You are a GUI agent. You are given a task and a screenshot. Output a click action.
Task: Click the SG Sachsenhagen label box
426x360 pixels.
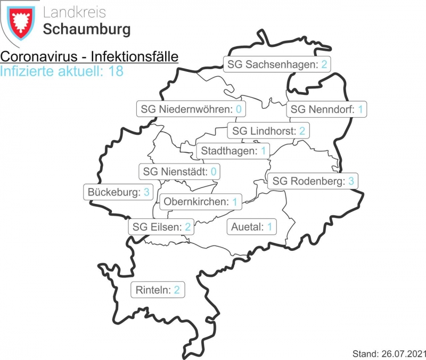[x=276, y=65]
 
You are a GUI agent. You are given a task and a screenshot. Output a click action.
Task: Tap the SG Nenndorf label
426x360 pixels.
[x=326, y=110]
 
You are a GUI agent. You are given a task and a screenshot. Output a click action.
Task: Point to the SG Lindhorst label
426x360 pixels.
[x=268, y=130]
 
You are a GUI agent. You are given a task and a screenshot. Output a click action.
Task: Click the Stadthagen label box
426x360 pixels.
[x=233, y=151]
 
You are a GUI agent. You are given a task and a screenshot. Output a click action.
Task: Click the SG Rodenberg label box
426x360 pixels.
[x=313, y=181]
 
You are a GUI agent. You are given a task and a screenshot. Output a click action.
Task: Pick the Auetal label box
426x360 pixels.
[x=252, y=227]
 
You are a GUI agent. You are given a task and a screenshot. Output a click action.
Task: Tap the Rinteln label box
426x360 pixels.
[x=158, y=290]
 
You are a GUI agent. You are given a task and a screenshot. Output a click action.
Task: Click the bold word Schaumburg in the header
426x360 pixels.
[x=86, y=29]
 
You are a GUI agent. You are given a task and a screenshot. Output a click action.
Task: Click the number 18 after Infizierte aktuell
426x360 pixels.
[x=116, y=71]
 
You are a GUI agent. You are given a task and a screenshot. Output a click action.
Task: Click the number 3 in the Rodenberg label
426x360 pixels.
[x=351, y=181]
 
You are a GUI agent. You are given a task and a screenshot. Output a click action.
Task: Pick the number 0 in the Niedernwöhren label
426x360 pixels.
[x=239, y=110]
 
